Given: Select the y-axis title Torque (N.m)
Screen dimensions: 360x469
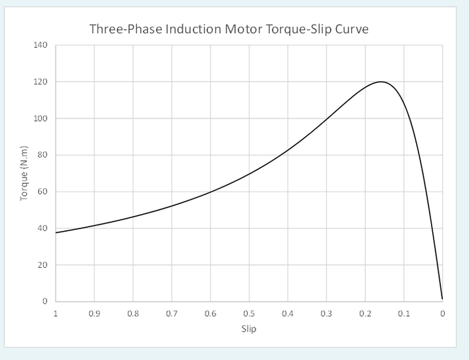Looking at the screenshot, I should click(x=25, y=173).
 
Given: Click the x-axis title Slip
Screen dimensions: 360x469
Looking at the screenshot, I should click(x=248, y=329).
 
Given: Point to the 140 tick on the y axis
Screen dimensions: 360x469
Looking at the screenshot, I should click(x=41, y=45).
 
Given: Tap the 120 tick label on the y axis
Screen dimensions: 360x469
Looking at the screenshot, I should click(x=41, y=82).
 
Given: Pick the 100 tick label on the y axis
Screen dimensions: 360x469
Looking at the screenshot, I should click(x=41, y=118).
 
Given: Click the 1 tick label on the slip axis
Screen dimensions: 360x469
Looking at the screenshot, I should click(x=56, y=314).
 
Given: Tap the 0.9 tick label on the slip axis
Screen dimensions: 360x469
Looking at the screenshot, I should click(x=94, y=314).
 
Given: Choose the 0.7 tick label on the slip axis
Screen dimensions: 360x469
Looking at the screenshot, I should click(x=172, y=314).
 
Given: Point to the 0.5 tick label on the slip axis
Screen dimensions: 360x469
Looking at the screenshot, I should click(x=249, y=314).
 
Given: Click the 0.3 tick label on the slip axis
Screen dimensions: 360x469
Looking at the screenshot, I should click(x=326, y=314).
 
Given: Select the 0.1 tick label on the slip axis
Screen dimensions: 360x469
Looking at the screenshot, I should click(x=403, y=314).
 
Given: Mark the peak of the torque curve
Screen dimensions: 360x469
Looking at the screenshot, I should click(x=380, y=82).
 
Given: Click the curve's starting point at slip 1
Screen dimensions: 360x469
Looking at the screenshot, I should click(x=56, y=232).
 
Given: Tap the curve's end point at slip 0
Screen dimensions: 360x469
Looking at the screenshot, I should click(x=442, y=299).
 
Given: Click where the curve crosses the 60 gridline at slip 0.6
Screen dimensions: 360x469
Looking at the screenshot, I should click(x=210, y=192).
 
